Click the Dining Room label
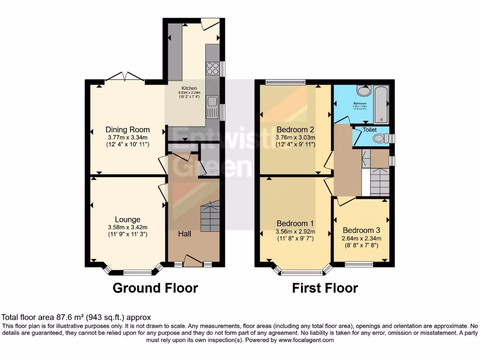click(127, 130)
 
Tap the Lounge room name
click(127, 219)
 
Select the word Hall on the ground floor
click(185, 233)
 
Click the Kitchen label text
click(190, 88)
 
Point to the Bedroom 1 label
click(295, 223)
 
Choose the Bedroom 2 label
click(295, 129)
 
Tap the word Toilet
click(369, 130)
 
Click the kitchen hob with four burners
click(212, 69)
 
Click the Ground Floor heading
click(155, 287)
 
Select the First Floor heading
click(325, 287)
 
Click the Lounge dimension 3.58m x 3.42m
click(127, 227)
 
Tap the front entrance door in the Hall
click(192, 260)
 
